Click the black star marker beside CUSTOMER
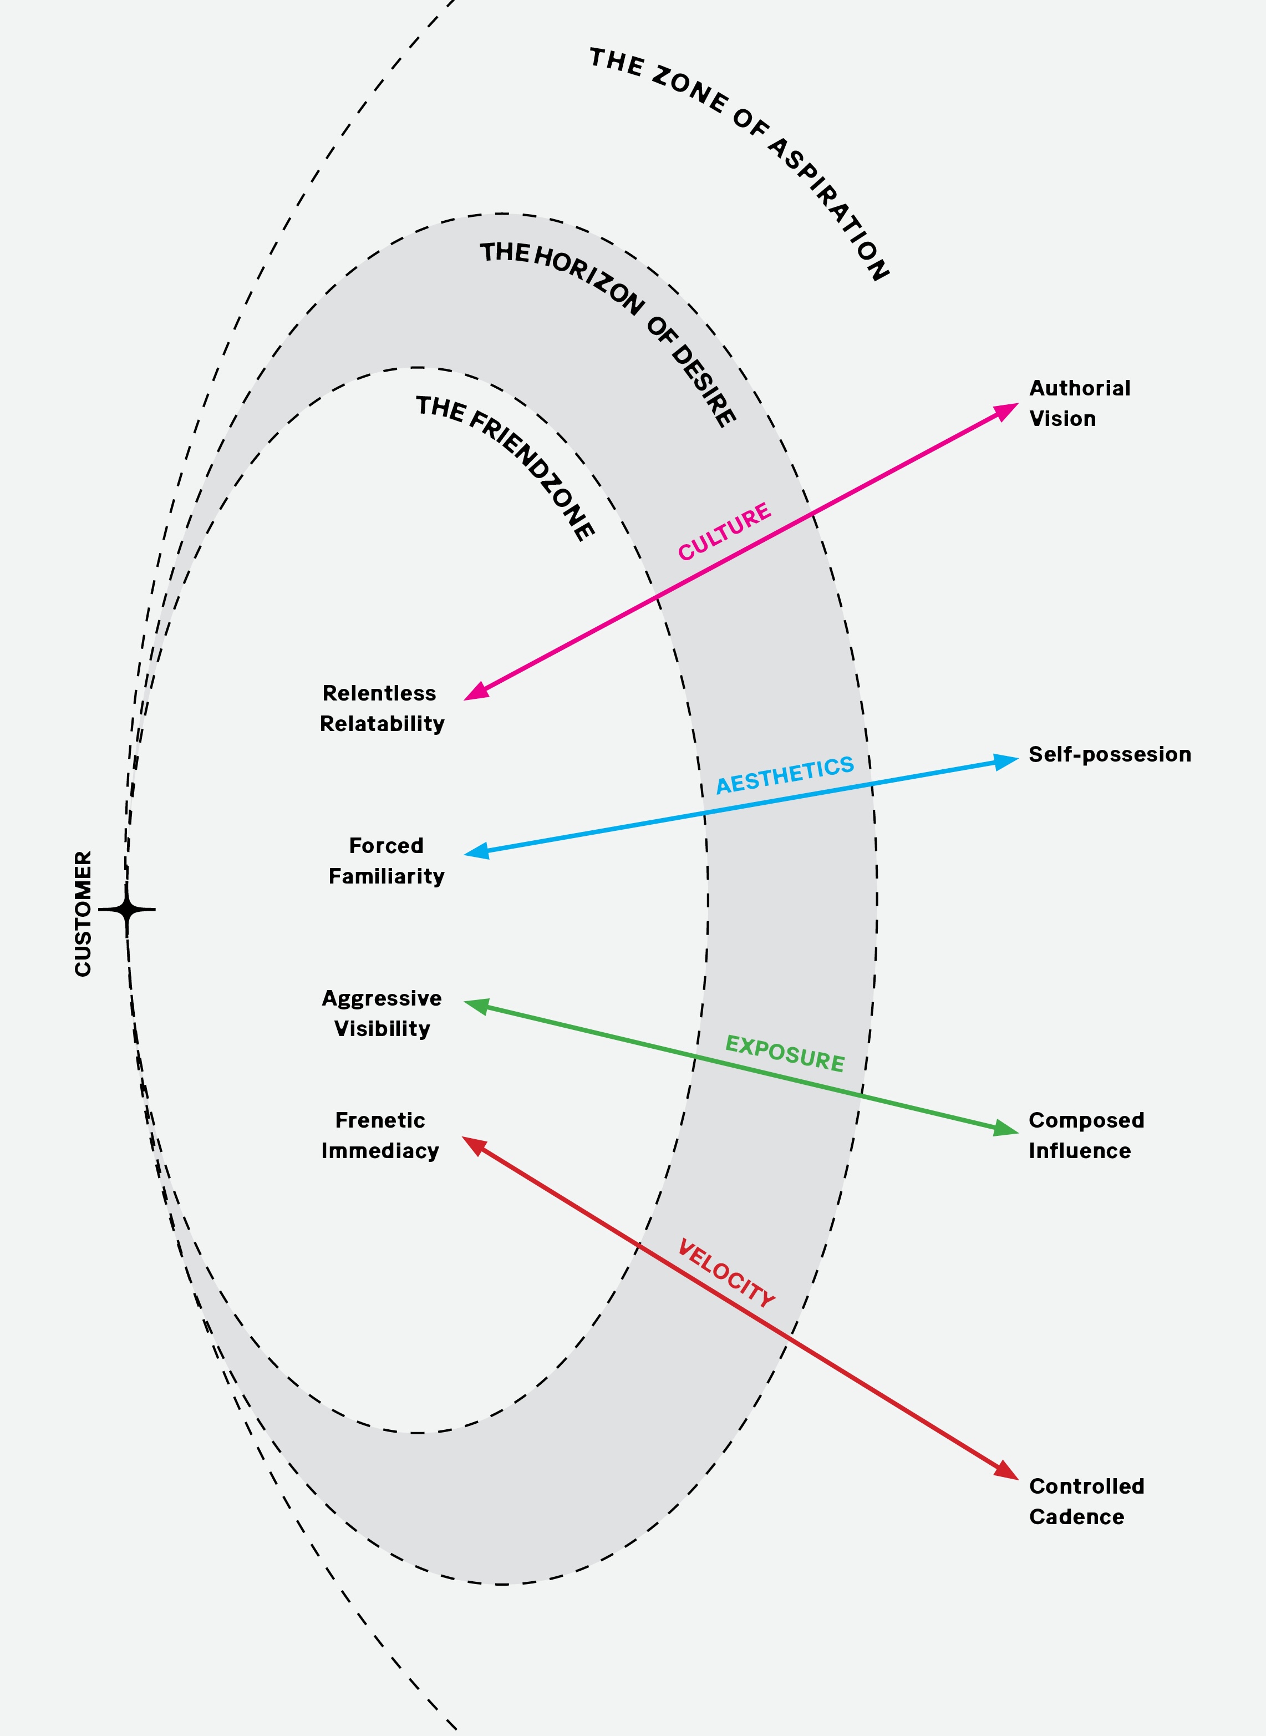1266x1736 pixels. coord(127,910)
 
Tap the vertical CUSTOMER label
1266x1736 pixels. coord(83,913)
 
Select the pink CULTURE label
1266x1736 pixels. coord(724,532)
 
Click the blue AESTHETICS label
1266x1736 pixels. coord(785,775)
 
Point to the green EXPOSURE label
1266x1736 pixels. coord(785,1053)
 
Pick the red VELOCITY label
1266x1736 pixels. coord(726,1273)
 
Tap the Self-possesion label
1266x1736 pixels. coord(1109,754)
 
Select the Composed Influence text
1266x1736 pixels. coord(1086,1135)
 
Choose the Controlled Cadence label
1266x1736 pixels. coord(1086,1501)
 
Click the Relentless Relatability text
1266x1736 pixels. coord(381,708)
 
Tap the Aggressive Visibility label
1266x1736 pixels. coord(382,1012)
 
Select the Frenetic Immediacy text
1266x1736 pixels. coord(380,1135)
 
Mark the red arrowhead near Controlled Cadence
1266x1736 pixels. coord(1006,1470)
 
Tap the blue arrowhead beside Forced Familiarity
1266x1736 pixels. coord(477,851)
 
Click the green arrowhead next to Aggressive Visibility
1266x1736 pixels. coord(477,1006)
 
